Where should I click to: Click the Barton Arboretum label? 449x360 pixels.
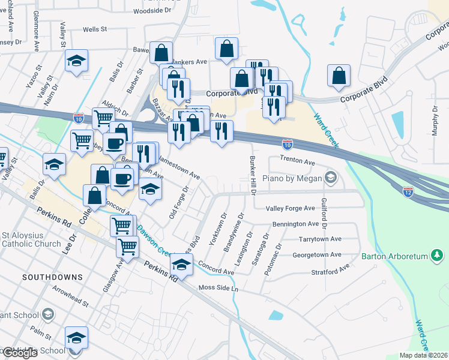coord(394,257)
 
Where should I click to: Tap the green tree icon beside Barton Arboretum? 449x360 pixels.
coord(437,256)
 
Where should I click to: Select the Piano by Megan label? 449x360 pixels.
coord(292,178)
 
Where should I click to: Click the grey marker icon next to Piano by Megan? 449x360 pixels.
coord(330,177)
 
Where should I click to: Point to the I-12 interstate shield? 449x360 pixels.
coord(408,191)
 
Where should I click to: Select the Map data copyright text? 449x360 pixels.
coord(424,355)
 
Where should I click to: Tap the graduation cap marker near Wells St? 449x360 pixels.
coord(76,61)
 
